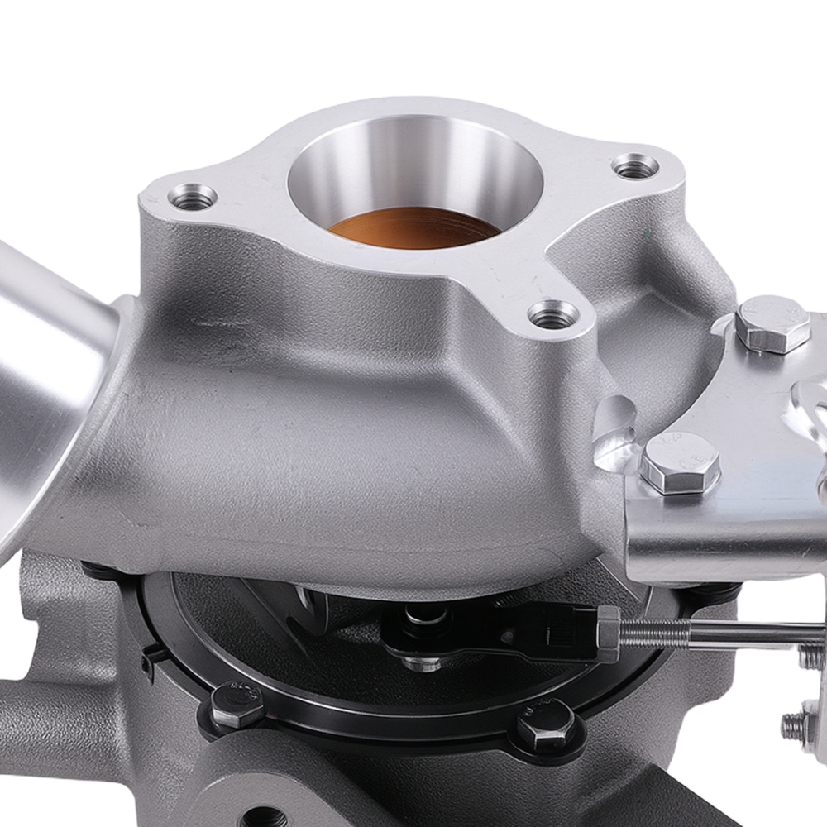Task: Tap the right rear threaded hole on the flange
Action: pyautogui.click(x=635, y=168)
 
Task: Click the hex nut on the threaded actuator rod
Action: pyautogui.click(x=608, y=633)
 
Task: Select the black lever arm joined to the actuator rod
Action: pyautogui.click(x=496, y=629)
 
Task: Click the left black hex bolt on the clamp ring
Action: pyautogui.click(x=237, y=705)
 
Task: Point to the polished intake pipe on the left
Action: pyautogui.click(x=50, y=364)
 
